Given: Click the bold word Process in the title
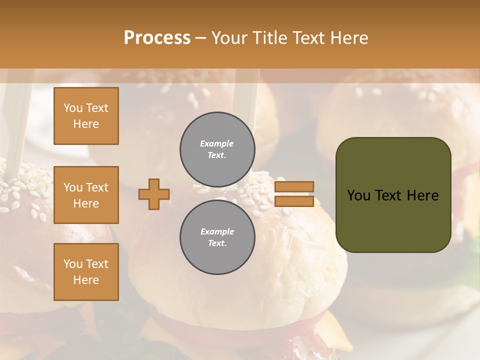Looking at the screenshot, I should [x=157, y=38].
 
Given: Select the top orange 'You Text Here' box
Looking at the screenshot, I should [x=86, y=116].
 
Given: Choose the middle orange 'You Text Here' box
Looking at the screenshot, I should [x=86, y=195].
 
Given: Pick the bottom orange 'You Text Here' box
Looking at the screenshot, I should [x=86, y=272].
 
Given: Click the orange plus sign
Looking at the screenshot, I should [x=154, y=194].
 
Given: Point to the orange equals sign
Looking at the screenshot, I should [x=294, y=194].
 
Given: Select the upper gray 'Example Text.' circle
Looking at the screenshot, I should [x=217, y=149].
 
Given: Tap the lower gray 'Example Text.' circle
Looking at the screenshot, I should [x=217, y=237].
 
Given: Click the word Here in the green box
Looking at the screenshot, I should [x=422, y=195].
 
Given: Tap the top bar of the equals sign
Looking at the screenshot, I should [x=294, y=187].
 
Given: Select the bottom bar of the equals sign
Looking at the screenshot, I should [x=294, y=201].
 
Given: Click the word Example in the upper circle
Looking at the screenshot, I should [x=217, y=143].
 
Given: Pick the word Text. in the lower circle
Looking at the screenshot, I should [x=217, y=243].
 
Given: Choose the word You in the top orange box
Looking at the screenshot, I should [x=73, y=108].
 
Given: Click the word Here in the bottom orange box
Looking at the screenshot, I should [x=86, y=280].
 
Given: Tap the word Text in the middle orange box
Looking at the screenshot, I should [x=97, y=187].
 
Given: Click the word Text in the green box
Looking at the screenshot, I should [x=388, y=195].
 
